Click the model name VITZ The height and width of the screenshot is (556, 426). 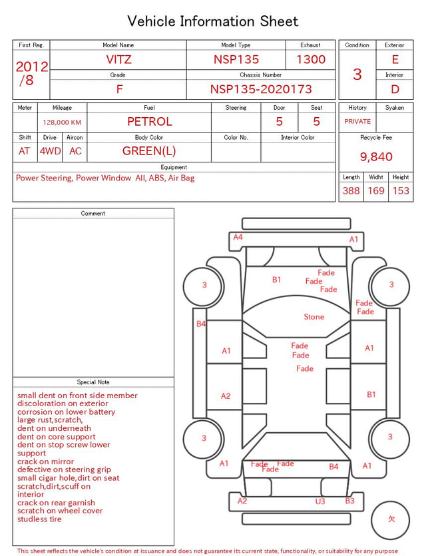tap(118, 59)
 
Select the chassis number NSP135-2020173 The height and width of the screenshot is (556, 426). tap(261, 89)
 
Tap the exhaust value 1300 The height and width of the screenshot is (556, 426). tap(311, 59)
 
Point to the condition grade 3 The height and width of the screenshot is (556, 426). tap(357, 74)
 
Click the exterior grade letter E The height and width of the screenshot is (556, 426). tap(395, 59)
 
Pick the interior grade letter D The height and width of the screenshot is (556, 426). tap(395, 89)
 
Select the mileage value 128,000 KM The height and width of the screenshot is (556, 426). tap(62, 123)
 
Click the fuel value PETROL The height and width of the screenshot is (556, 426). tap(150, 122)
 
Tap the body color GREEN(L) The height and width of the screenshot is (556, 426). tap(149, 151)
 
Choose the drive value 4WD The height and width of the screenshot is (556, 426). tap(50, 151)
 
